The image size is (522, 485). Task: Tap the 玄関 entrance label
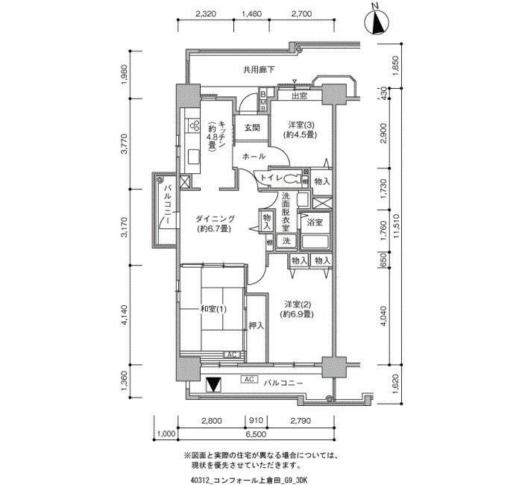click(252, 128)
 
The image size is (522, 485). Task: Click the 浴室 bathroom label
click(315, 222)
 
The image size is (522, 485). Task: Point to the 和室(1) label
click(213, 309)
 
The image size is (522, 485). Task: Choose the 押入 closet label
click(257, 325)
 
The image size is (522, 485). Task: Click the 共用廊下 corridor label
click(259, 70)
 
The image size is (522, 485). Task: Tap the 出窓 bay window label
click(299, 96)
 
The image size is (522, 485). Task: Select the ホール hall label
click(254, 156)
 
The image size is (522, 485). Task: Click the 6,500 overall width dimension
click(257, 434)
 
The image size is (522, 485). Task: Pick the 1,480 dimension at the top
click(251, 13)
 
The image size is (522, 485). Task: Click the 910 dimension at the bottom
click(257, 421)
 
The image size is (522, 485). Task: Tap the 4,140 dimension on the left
click(125, 315)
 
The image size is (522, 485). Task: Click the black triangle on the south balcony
click(213, 384)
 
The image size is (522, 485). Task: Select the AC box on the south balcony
click(249, 379)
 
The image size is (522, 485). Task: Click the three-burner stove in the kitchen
click(195, 125)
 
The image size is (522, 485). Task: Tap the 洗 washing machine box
click(286, 240)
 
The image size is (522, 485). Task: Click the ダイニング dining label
click(215, 219)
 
